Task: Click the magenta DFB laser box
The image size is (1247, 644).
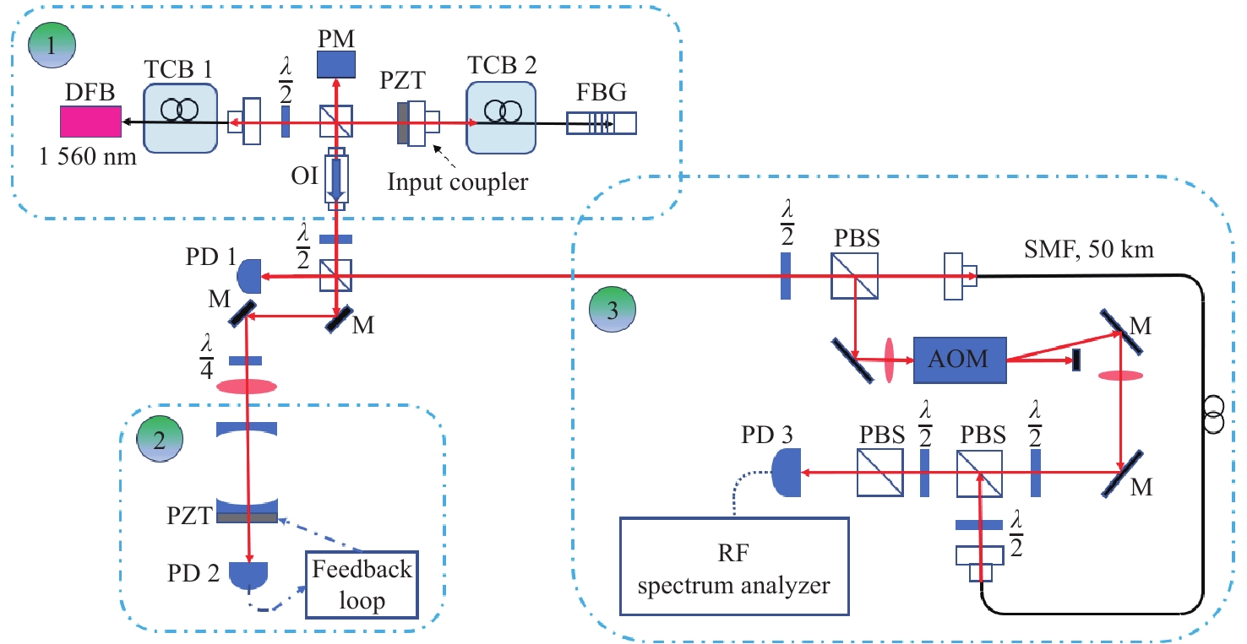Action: point(90,122)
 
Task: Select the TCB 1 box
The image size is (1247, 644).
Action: point(179,122)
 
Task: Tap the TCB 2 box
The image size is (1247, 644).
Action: point(503,122)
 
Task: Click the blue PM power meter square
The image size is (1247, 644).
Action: point(336,64)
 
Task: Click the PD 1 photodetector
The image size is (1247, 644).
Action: point(250,275)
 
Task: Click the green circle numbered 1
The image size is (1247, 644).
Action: point(52,42)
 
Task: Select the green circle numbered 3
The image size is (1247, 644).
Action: point(613,310)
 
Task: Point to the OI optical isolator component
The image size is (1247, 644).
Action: point(336,180)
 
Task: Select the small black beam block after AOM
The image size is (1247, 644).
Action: point(1075,360)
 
